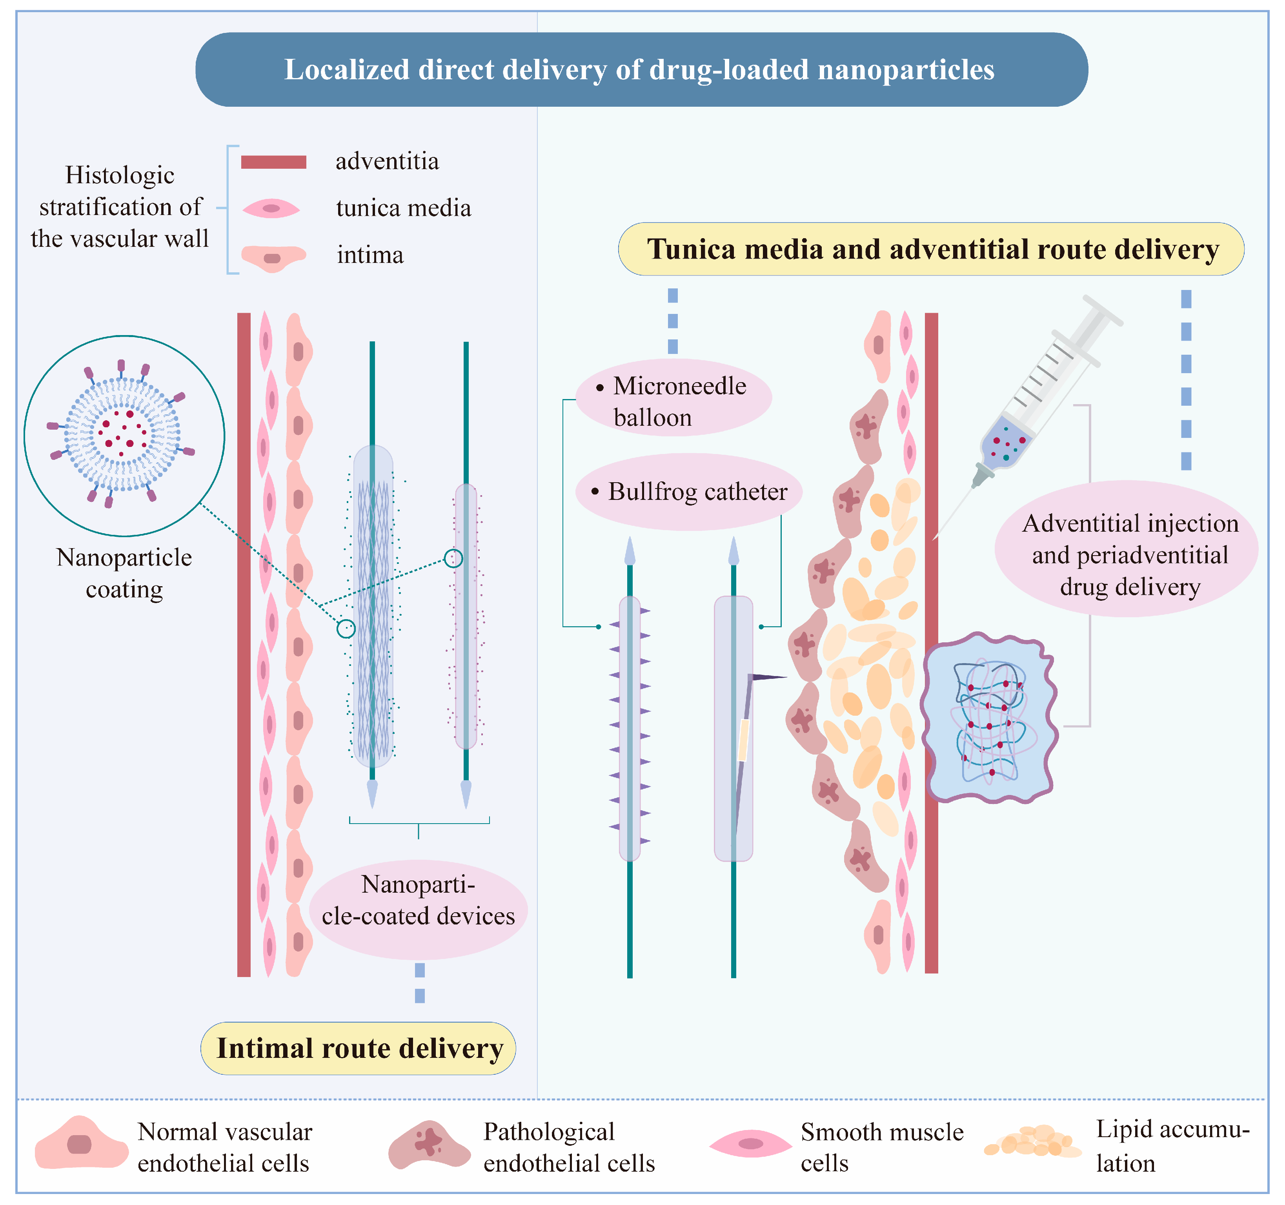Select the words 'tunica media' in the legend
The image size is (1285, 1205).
click(x=403, y=208)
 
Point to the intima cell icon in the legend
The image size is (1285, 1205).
click(x=273, y=257)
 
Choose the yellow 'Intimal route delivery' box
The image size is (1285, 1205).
click(x=359, y=1048)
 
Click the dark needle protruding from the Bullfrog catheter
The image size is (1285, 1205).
click(x=768, y=677)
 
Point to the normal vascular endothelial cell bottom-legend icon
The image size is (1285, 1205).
click(x=81, y=1144)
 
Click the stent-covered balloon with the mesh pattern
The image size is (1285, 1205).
click(x=373, y=608)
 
